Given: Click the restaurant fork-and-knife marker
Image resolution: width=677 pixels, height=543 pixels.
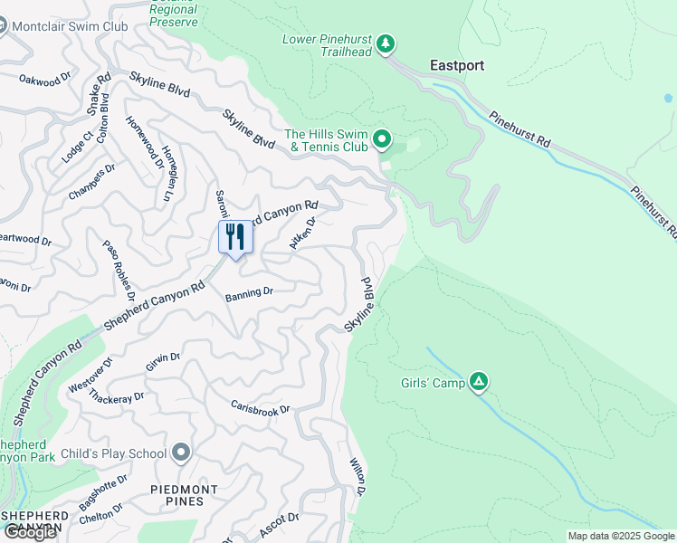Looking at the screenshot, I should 235,238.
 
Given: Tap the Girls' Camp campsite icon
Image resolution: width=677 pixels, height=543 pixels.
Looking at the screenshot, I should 479,383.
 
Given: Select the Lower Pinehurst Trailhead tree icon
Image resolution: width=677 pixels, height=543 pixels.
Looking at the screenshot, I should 386,43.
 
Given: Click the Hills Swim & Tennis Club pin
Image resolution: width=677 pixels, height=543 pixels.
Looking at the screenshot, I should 382,139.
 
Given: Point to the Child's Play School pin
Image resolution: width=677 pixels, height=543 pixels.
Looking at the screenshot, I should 181,452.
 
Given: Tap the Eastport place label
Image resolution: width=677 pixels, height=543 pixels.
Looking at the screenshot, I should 456,65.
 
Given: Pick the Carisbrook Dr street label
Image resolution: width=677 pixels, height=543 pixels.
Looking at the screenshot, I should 260,409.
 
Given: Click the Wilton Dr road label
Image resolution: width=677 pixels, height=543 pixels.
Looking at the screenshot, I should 358,476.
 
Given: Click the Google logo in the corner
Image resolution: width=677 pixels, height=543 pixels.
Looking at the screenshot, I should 30,532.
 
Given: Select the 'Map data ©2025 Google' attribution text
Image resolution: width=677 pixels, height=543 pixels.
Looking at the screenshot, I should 621,536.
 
